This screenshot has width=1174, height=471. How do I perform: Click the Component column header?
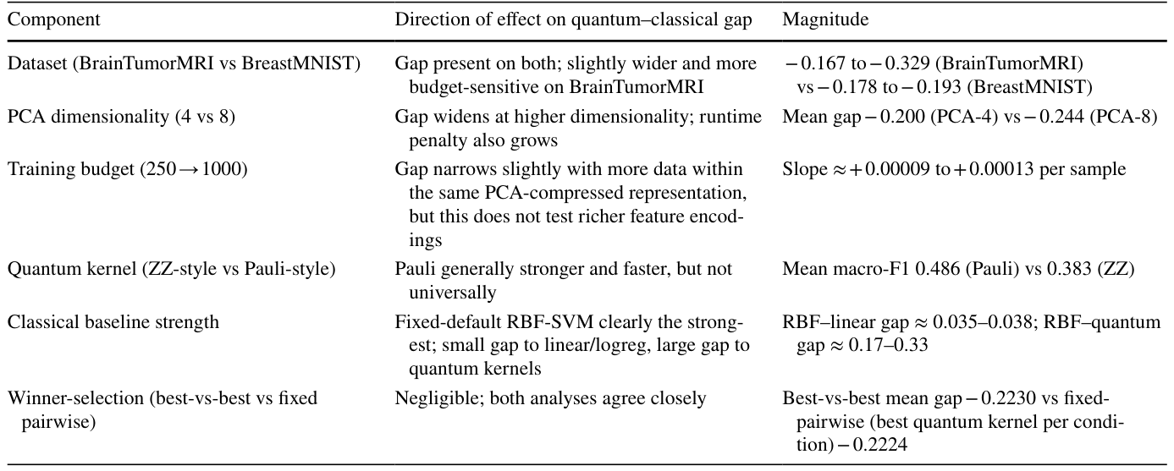(53, 20)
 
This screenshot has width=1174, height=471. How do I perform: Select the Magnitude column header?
(825, 19)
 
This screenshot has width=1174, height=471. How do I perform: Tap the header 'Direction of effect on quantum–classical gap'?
(573, 20)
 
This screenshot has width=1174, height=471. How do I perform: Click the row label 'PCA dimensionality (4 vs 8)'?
(121, 116)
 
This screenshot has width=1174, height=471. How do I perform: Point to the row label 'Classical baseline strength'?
(113, 322)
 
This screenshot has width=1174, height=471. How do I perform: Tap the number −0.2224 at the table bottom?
(874, 445)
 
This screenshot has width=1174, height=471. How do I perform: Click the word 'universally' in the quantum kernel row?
(452, 293)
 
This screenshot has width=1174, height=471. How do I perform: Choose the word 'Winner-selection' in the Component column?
(76, 398)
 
